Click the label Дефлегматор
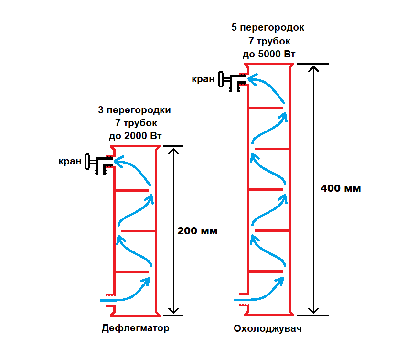135,329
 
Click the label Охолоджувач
268,329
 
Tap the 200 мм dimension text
197,231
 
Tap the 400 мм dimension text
341,188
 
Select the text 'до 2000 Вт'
135,136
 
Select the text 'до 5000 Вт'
269,54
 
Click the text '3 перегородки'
134,110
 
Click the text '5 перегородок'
268,28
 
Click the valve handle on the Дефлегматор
88,161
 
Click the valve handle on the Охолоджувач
222,79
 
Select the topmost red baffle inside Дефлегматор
131,190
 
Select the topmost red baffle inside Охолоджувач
265,108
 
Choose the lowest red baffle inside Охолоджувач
265,272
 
